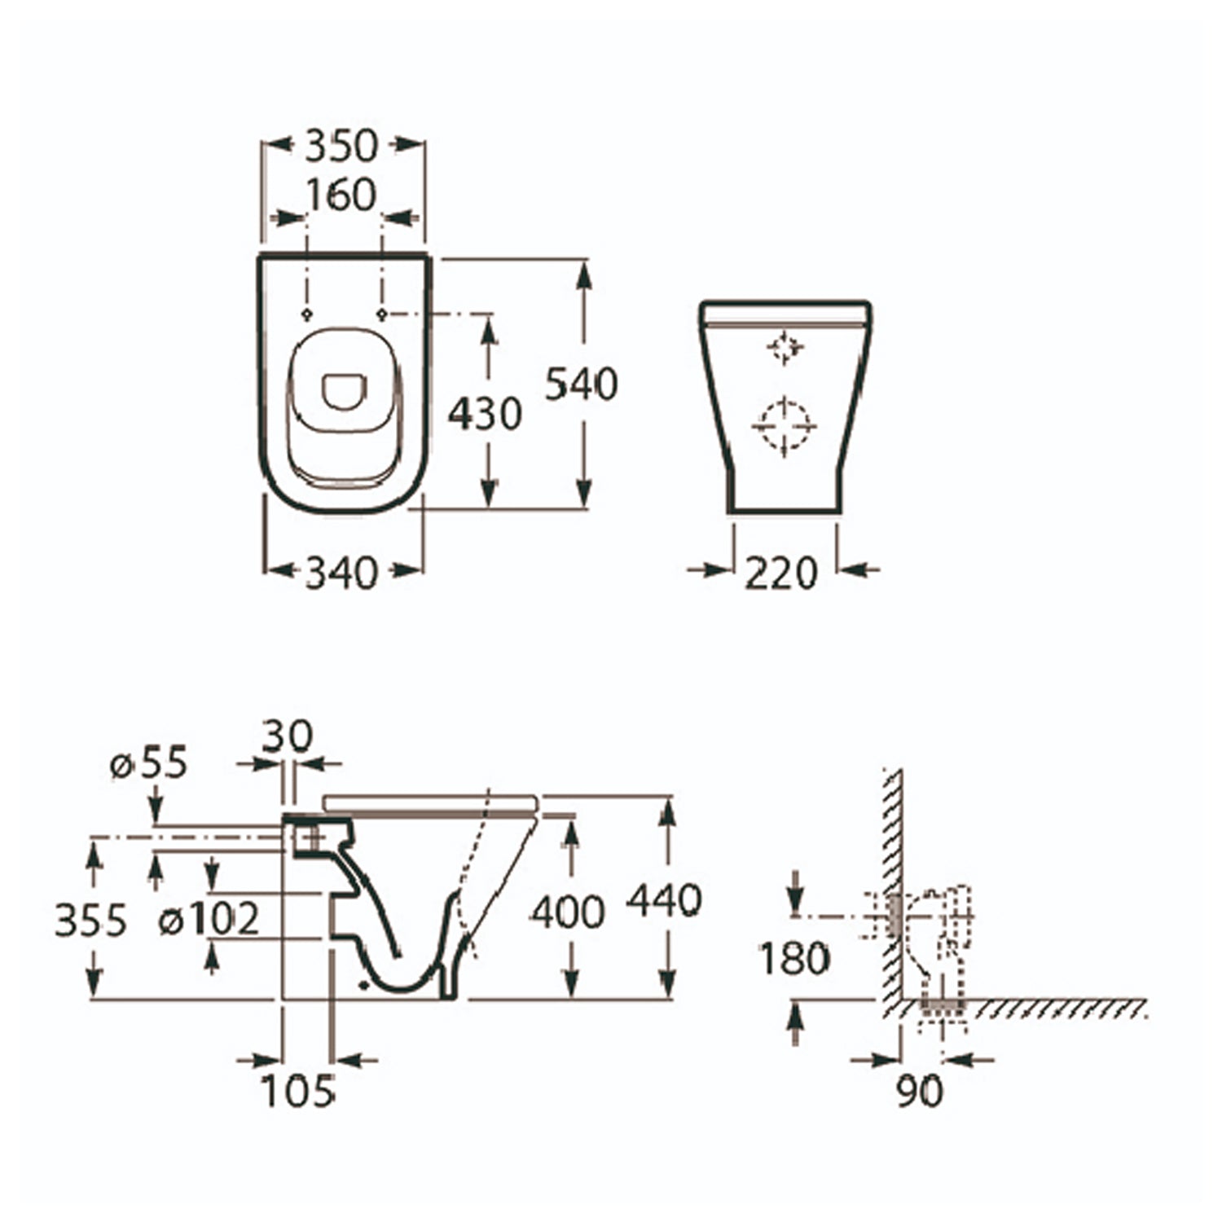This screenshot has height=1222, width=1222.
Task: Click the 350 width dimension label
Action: (341, 146)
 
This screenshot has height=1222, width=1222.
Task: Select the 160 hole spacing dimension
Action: (341, 196)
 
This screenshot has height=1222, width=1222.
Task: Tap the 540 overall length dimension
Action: (582, 384)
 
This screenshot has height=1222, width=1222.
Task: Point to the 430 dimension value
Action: (485, 414)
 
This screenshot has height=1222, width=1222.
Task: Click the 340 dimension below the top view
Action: (341, 573)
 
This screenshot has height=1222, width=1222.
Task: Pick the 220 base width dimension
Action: (780, 573)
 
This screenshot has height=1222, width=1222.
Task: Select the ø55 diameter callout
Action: (149, 763)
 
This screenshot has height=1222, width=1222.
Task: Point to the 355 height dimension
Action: (91, 921)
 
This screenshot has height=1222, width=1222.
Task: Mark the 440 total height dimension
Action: (665, 900)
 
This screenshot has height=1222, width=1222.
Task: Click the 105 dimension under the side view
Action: (298, 1090)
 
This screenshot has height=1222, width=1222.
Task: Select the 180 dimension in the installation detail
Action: (794, 959)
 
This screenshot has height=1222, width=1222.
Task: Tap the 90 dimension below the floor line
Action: (920, 1090)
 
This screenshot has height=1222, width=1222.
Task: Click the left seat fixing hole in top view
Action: (306, 314)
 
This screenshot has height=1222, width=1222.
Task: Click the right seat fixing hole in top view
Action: (380, 314)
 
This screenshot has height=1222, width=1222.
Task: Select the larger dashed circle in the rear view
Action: (784, 426)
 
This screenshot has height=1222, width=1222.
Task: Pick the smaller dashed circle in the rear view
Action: (785, 348)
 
